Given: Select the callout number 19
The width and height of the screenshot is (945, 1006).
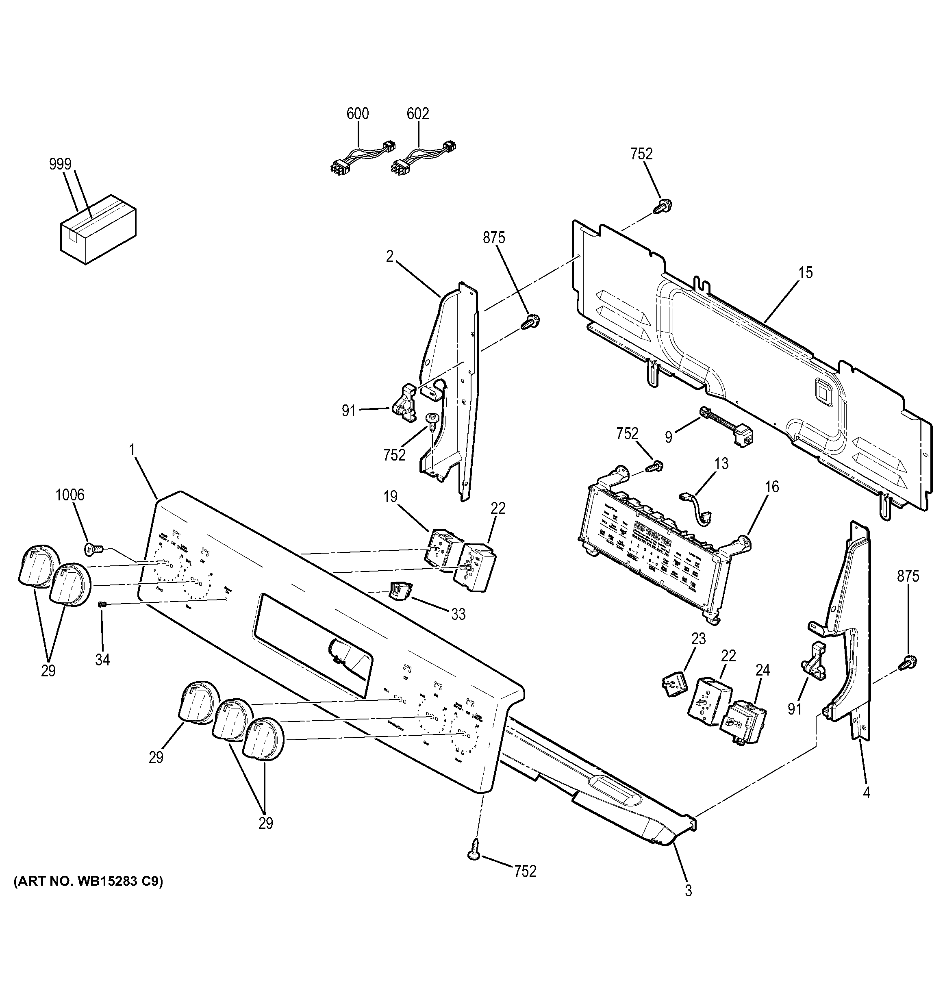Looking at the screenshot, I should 390,497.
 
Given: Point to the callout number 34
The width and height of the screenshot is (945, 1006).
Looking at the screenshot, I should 102,660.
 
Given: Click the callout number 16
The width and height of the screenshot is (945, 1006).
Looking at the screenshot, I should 772,487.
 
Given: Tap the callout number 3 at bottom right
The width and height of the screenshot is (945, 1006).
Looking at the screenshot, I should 688,904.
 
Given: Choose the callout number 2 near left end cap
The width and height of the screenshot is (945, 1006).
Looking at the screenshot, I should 389,256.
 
